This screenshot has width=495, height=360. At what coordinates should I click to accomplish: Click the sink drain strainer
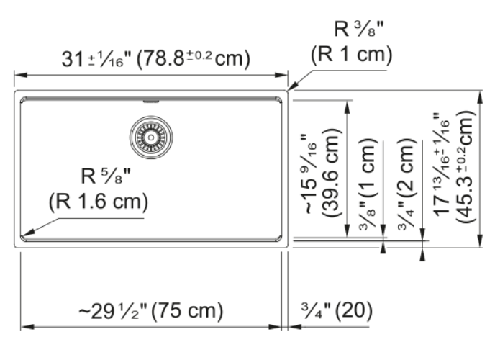point(151,138)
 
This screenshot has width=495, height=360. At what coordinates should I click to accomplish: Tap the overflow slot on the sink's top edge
point(151,102)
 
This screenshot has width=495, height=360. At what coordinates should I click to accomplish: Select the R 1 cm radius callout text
point(351,54)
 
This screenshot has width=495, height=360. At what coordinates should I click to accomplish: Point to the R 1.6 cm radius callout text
point(98,202)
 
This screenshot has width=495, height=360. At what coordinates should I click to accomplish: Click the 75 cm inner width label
point(187,311)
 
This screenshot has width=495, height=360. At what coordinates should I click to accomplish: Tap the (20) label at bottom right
point(353,310)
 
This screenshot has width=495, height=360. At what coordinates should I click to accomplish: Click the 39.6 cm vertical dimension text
point(331,172)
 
